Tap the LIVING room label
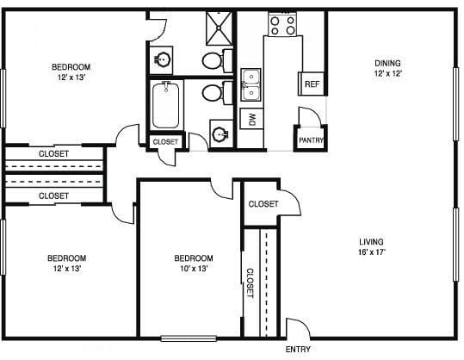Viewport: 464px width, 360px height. pos(371,242)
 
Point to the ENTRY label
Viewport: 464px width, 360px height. pos(297,351)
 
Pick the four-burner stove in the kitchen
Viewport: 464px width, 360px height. pos(282,23)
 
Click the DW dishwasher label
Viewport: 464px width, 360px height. pos(252,118)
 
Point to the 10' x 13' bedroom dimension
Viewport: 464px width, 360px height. pos(193,268)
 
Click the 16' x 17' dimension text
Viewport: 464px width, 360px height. pos(371,252)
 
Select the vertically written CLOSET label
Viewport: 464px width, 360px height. pos(251,282)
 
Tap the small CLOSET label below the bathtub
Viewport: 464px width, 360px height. pos(165,141)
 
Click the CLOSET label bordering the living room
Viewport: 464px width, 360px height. pos(263,204)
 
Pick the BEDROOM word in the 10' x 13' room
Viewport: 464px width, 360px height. pos(193,258)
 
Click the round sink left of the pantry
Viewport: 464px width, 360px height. pos(220,133)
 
